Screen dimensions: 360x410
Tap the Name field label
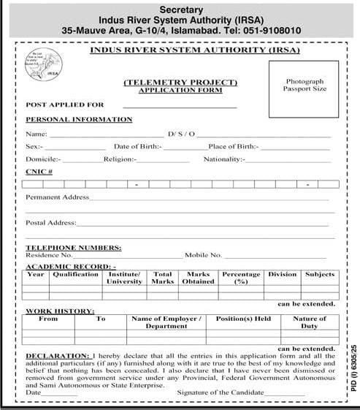coord(36,134)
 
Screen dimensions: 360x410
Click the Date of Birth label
coord(138,147)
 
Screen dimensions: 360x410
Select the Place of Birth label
coord(233,147)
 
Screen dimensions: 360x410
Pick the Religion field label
coord(120,159)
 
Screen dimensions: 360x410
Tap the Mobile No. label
coord(203,255)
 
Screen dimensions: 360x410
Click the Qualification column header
coord(75,275)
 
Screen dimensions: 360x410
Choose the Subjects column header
coord(319,275)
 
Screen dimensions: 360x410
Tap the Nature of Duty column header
coord(310,322)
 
